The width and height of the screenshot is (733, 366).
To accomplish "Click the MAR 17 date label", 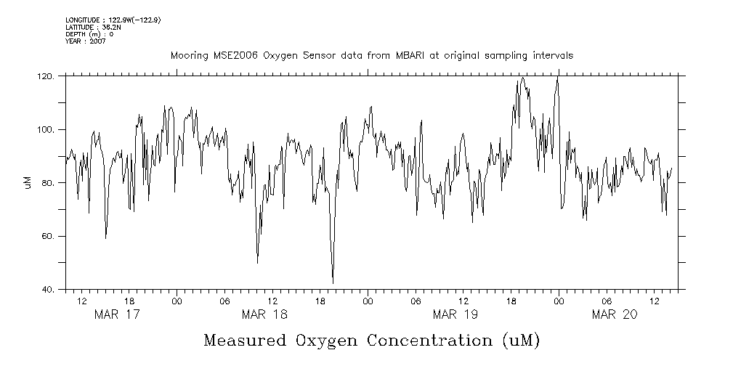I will coord(117,314).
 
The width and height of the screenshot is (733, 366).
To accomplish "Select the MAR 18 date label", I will coord(264,314).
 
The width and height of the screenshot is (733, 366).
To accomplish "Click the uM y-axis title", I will coord(28,182).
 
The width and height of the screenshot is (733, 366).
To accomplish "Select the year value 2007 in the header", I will coord(97,41).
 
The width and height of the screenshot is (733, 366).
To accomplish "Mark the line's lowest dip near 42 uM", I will coord(333,282).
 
